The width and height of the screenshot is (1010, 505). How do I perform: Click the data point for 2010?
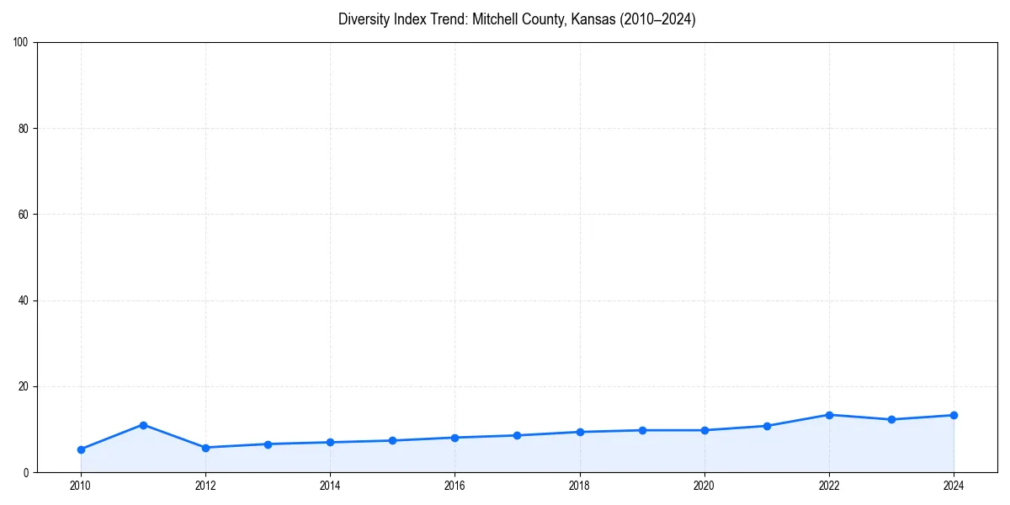[81, 449]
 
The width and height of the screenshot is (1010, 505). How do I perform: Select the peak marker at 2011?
[143, 425]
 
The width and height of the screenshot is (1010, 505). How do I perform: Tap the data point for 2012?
[205, 448]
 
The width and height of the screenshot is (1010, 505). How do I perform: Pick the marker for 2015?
[392, 440]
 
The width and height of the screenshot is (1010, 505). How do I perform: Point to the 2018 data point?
[580, 432]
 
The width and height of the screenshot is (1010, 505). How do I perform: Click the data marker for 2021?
[767, 426]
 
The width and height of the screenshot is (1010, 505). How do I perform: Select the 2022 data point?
[829, 415]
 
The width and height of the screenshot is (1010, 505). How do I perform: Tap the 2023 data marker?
[891, 419]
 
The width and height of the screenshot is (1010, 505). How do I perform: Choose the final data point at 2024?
[954, 415]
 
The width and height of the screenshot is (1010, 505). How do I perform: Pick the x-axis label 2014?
[330, 486]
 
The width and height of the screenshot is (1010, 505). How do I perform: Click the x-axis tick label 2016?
[454, 486]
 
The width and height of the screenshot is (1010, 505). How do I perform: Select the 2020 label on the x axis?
[704, 486]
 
